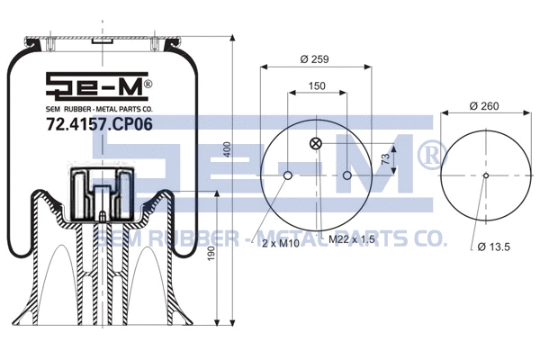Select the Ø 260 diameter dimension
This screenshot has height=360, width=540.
484,106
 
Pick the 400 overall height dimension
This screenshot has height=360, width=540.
229,148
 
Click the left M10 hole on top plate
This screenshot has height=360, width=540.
286,175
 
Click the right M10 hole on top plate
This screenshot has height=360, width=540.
346,175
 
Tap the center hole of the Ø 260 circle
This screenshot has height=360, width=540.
484,175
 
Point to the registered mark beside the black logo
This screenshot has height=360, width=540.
149,83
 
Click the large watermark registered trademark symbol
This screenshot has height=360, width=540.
427,154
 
